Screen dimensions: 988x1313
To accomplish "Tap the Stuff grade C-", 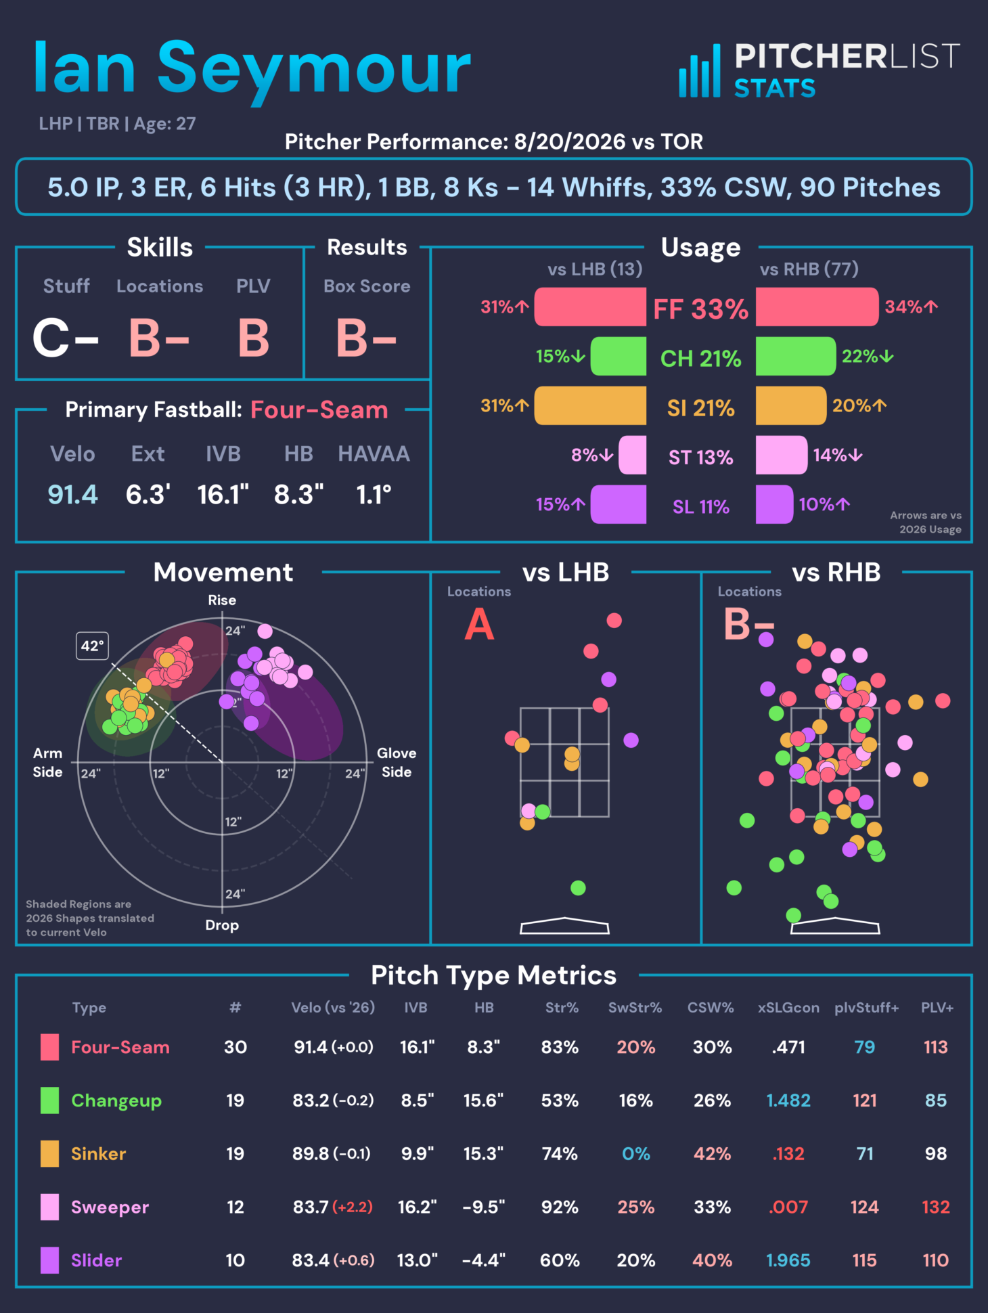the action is point(66,338).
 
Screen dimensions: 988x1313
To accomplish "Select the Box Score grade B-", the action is point(366,338).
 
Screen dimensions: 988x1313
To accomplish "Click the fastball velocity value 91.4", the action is point(72,495).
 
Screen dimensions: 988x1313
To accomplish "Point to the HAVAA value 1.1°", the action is point(374,495).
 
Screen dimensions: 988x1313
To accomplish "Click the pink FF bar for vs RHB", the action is point(817,307).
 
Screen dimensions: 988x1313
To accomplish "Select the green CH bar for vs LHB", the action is point(619,356).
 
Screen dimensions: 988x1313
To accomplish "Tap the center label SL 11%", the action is point(701,507).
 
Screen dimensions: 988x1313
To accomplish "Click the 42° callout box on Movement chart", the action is point(92,646).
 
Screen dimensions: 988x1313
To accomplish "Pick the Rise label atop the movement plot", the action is point(222,600).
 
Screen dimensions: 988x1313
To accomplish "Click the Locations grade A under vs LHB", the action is point(479,624).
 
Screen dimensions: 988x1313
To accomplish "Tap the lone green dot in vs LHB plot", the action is point(578,888).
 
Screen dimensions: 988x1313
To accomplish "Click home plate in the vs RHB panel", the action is point(835,926).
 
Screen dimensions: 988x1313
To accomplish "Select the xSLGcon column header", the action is point(788,1008).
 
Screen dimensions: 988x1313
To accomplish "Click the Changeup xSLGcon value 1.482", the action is point(788,1100).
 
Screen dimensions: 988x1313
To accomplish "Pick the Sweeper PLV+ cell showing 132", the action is point(936,1207).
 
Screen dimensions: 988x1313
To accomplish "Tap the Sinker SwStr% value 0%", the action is point(636,1154).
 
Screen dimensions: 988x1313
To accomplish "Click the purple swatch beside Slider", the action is point(49,1260).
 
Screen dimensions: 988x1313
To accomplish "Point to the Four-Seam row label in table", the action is point(120,1048).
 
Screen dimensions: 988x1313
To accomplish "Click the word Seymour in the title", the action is point(314,70).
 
